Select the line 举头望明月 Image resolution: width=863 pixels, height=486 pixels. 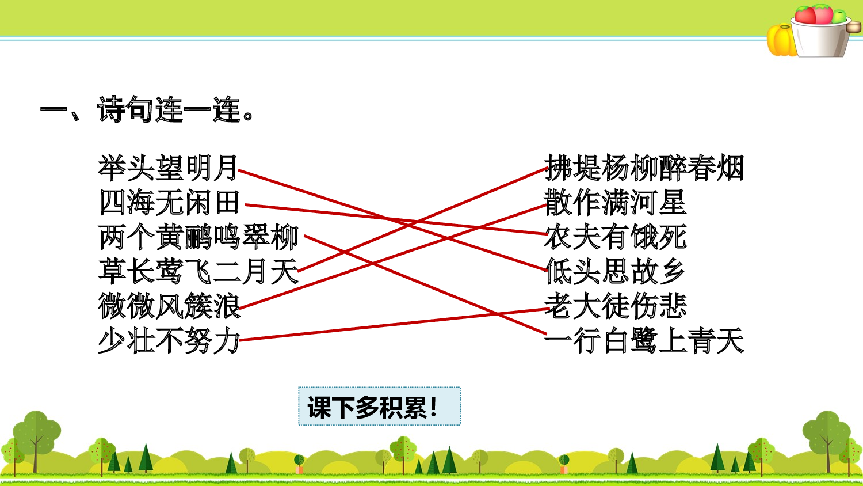168,168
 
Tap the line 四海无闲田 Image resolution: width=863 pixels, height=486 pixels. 169,203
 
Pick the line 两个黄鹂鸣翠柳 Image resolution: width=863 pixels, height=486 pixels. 198,237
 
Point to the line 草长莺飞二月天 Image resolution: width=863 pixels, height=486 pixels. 198,272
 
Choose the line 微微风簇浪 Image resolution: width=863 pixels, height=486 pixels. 169,306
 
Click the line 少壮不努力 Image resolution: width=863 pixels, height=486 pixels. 169,341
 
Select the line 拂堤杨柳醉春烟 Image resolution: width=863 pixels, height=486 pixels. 644,168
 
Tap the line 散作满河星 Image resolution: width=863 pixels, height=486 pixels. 616,203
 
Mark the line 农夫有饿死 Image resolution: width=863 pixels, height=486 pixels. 616,237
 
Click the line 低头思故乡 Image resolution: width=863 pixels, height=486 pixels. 616,272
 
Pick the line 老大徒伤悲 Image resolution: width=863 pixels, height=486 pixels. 616,306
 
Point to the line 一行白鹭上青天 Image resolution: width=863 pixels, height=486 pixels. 644,341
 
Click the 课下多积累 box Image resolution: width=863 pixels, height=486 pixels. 379,407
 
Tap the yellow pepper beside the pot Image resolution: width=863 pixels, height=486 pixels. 781,40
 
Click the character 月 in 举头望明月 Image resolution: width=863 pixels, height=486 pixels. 226,168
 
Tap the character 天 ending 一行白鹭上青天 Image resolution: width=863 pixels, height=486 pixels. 731,341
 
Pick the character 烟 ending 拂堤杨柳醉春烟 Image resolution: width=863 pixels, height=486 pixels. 731,168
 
